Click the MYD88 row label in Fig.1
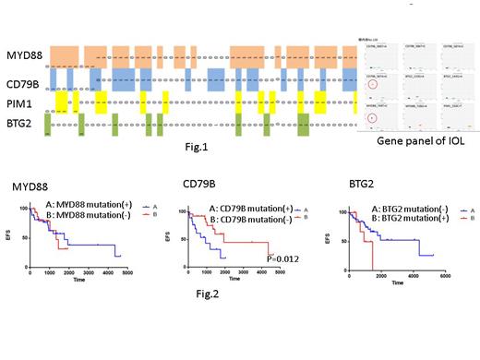tap(20, 57)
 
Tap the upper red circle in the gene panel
tap(370, 87)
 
